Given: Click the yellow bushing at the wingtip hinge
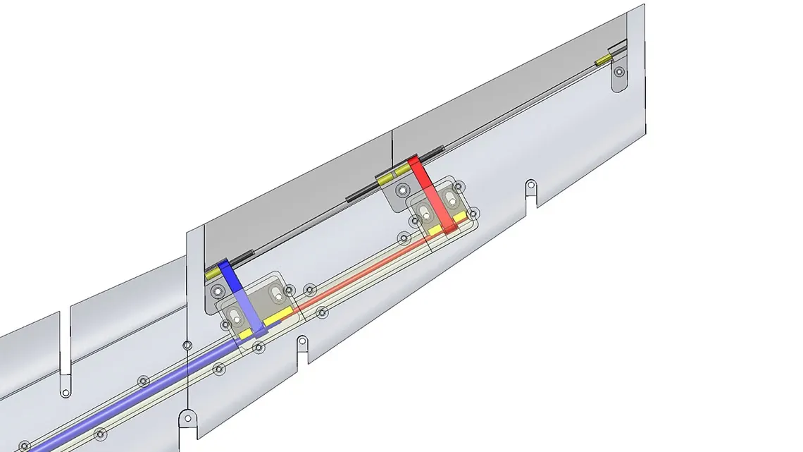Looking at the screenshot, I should (602, 62).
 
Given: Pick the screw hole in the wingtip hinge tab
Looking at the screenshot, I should (618, 72).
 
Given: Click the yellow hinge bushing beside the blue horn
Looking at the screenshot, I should (212, 273).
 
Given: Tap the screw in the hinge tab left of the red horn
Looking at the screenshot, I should (402, 189).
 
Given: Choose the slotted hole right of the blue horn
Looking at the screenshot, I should (271, 291).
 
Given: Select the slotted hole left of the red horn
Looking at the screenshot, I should (424, 212).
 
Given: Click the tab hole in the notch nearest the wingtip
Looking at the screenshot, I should (530, 186).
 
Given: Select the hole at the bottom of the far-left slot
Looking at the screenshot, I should (65, 392).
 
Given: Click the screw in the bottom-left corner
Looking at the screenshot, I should (25, 446).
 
